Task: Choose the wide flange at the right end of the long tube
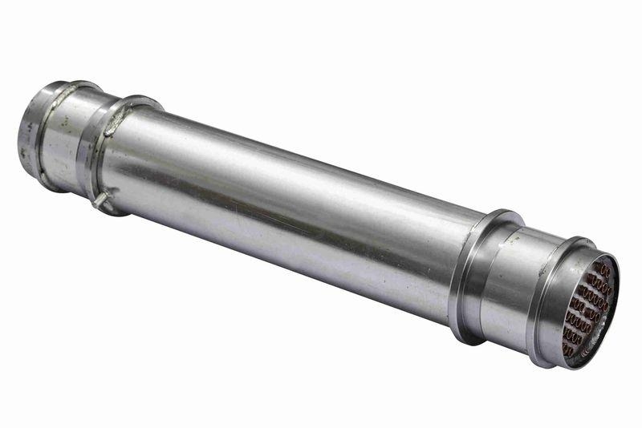pyautogui.click(x=473, y=277)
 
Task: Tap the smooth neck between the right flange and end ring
pyautogui.click(x=522, y=289)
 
